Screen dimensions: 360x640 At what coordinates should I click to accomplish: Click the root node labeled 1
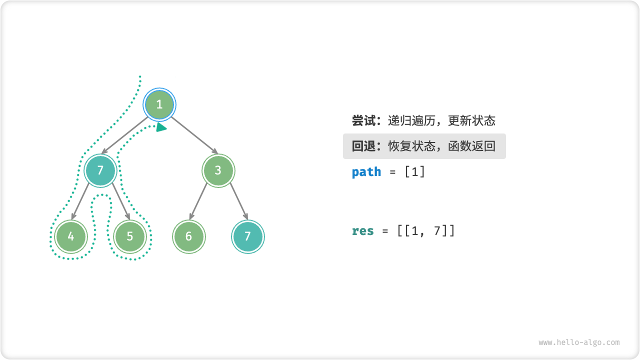tap(159, 104)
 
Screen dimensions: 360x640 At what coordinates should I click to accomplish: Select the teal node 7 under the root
tap(100, 170)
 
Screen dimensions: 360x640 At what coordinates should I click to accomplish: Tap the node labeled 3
tap(218, 170)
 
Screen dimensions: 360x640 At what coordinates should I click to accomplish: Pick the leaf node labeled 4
tap(71, 236)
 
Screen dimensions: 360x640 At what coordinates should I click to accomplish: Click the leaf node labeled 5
tap(130, 236)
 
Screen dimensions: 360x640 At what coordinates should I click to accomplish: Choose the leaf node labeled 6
tap(188, 236)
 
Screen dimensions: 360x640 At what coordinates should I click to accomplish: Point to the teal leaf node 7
tap(247, 236)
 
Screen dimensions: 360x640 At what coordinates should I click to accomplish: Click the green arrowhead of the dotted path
tap(161, 127)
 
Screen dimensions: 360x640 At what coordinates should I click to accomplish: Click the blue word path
tap(366, 172)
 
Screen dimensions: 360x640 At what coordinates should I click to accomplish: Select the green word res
tap(363, 231)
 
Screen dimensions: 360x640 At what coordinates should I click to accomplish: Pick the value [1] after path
tap(415, 172)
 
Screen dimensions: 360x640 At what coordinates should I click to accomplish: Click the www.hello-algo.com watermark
tap(579, 342)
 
